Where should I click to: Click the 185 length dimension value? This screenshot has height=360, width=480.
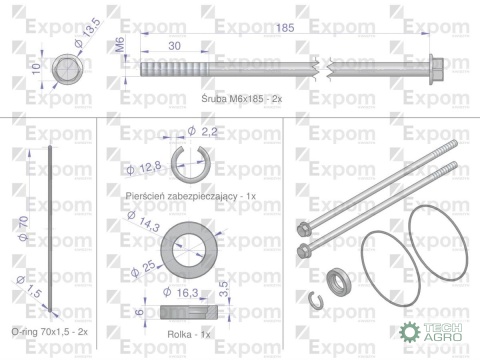(285, 28)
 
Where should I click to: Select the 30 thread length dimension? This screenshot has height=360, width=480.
(174, 46)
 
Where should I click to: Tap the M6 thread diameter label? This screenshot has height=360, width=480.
(120, 45)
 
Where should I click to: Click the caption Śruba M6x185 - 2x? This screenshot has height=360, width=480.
(242, 99)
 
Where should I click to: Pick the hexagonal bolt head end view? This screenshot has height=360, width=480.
(68, 69)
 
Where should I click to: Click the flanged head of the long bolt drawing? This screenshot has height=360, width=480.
(436, 70)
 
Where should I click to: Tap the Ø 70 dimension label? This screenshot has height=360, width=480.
(23, 228)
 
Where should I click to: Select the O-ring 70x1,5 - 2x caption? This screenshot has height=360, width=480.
(50, 332)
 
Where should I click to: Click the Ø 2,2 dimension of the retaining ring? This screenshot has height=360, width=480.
(202, 131)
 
